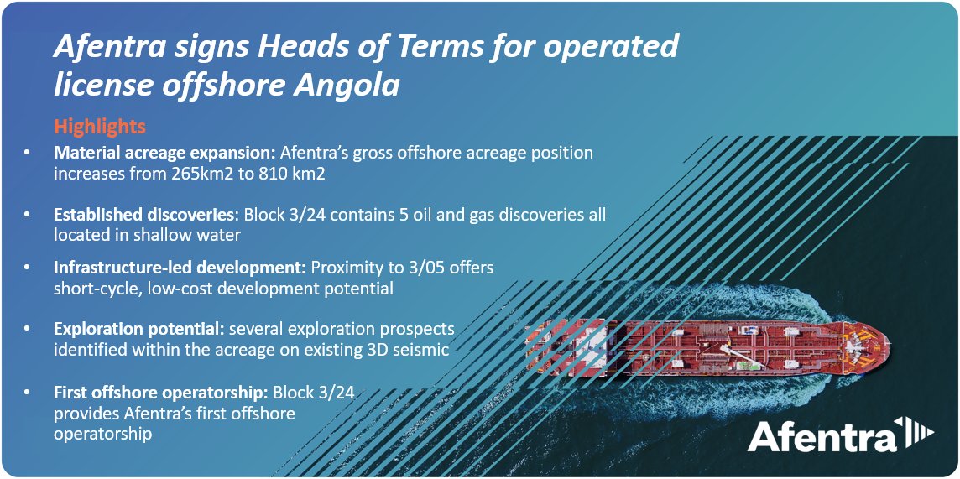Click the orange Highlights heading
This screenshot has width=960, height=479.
point(100,127)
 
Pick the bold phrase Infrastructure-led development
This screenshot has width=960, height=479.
point(180,268)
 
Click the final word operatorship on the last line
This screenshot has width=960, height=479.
point(103,435)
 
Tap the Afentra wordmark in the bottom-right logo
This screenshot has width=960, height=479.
point(822,437)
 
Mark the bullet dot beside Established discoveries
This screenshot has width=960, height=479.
point(28,216)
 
